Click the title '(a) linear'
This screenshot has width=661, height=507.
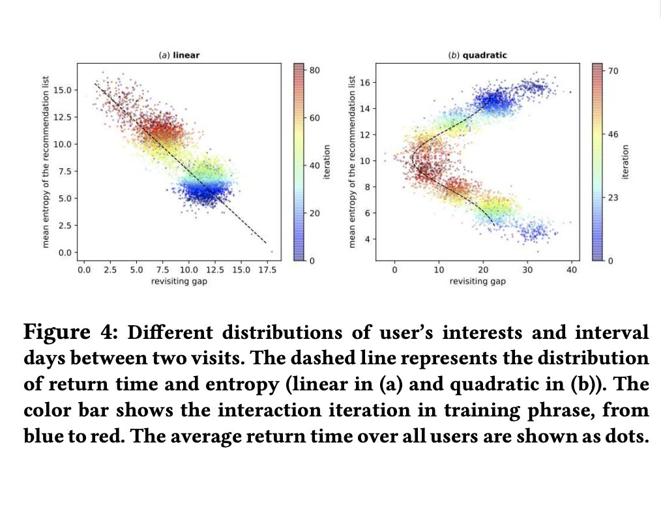tap(179, 55)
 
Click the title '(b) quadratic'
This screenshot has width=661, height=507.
tap(477, 55)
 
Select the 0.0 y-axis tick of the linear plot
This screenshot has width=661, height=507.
tap(66, 252)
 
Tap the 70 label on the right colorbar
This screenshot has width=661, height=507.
tap(613, 70)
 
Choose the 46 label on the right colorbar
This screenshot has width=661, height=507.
tap(613, 134)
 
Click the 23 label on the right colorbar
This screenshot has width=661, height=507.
tap(613, 197)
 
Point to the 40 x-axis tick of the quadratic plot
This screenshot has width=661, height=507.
tap(571, 269)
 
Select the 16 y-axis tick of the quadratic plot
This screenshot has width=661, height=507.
tap(365, 83)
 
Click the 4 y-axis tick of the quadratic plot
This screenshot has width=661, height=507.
tap(368, 239)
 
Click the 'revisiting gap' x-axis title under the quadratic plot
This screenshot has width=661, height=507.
tap(477, 281)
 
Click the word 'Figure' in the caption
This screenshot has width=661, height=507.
tap(57, 333)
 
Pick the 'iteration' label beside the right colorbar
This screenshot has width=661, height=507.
tap(626, 162)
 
